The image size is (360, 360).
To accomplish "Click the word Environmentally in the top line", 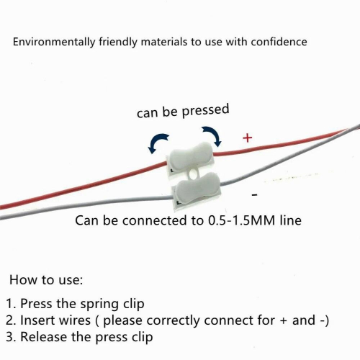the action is tap(54, 42).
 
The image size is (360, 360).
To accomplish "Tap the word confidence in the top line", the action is tap(279, 42).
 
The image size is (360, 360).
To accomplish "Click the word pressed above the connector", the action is tap(205, 111).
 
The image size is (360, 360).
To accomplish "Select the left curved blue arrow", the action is tap(158, 143).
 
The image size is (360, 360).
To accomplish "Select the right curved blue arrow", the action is tap(212, 135).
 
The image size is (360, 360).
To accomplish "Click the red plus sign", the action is tap(248, 138).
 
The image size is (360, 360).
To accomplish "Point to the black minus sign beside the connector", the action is tap(255, 195).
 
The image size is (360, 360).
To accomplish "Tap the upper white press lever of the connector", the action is tap(191, 156).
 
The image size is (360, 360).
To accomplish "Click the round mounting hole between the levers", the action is tap(192, 174).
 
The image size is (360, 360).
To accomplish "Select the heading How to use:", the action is tap(46, 280).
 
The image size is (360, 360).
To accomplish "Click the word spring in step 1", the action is tap(100, 304).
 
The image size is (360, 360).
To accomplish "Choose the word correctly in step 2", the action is tap(173, 321).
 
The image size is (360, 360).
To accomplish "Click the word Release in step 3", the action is tap(44, 337).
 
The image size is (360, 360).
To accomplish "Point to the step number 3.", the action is tap(10, 337).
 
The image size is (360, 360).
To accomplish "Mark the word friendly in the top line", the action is tap(118, 42).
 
